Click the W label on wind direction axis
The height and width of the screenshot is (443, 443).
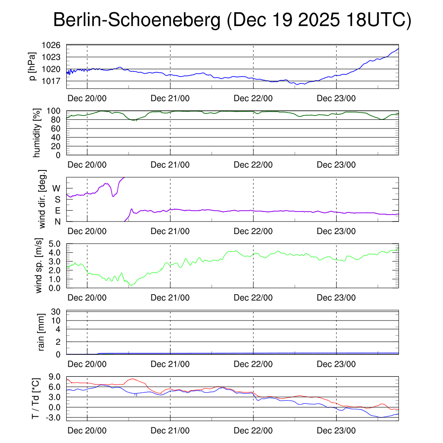point(57,188)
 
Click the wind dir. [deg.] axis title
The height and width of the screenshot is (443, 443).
point(42,199)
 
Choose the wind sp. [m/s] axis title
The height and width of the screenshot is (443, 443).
point(40,265)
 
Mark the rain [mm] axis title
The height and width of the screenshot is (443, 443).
point(42,332)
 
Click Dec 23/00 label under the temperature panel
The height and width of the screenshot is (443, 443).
point(337,431)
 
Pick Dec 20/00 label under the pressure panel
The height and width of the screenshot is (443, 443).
point(87,98)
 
